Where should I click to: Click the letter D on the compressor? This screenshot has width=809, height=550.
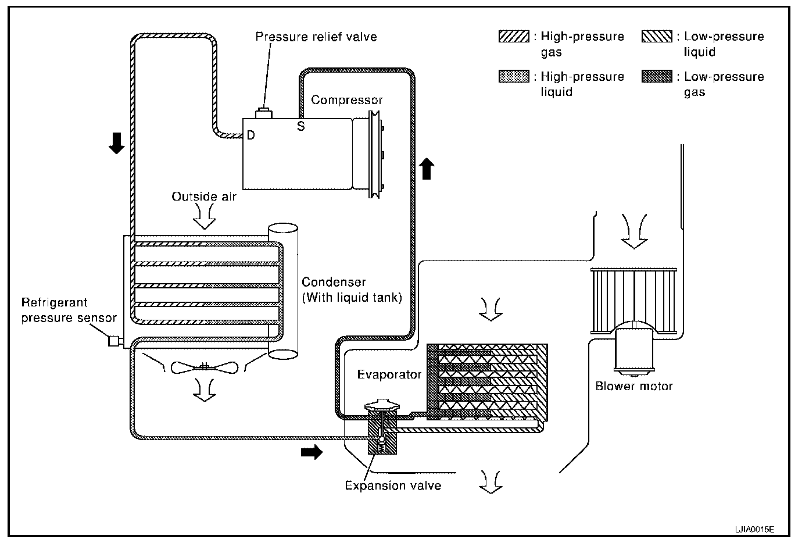pyautogui.click(x=251, y=135)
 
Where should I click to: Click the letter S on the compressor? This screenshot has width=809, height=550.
pyautogui.click(x=301, y=126)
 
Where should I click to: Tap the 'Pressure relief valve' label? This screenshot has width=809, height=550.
pyautogui.click(x=316, y=37)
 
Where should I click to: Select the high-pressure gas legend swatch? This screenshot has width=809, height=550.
pyautogui.click(x=514, y=37)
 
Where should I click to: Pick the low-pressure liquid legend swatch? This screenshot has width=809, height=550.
pyautogui.click(x=657, y=37)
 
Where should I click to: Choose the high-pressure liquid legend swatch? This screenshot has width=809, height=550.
pyautogui.click(x=514, y=77)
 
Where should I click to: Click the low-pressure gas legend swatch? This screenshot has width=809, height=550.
pyautogui.click(x=657, y=77)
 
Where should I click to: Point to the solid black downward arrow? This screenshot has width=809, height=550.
pyautogui.click(x=117, y=143)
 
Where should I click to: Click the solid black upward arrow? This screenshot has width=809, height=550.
pyautogui.click(x=427, y=169)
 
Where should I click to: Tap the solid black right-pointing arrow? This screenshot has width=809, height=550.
pyautogui.click(x=312, y=452)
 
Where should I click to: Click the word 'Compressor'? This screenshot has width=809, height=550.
pyautogui.click(x=347, y=100)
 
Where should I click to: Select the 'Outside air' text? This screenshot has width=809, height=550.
pyautogui.click(x=203, y=197)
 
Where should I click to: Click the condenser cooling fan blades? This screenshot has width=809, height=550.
pyautogui.click(x=205, y=367)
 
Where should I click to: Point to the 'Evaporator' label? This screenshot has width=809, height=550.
pyautogui.click(x=389, y=374)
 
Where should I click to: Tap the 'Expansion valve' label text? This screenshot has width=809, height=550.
pyautogui.click(x=393, y=485)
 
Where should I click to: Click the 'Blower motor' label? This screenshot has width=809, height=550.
pyautogui.click(x=634, y=386)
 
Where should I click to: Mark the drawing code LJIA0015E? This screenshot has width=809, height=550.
pyautogui.click(x=754, y=530)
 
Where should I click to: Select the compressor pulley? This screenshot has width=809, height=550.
pyautogui.click(x=375, y=155)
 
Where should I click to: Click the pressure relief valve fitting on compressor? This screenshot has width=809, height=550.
pyautogui.click(x=264, y=113)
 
